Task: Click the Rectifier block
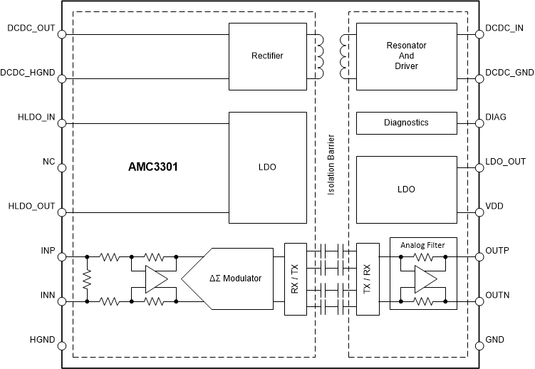click(266, 56)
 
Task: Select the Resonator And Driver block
click(405, 56)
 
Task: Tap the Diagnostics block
click(405, 123)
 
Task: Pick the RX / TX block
click(294, 279)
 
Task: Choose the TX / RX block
click(368, 279)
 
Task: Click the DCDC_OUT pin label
click(31, 28)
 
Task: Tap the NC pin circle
click(62, 168)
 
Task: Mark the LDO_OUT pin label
click(505, 162)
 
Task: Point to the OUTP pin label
click(499, 251)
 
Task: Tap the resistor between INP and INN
click(87, 279)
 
